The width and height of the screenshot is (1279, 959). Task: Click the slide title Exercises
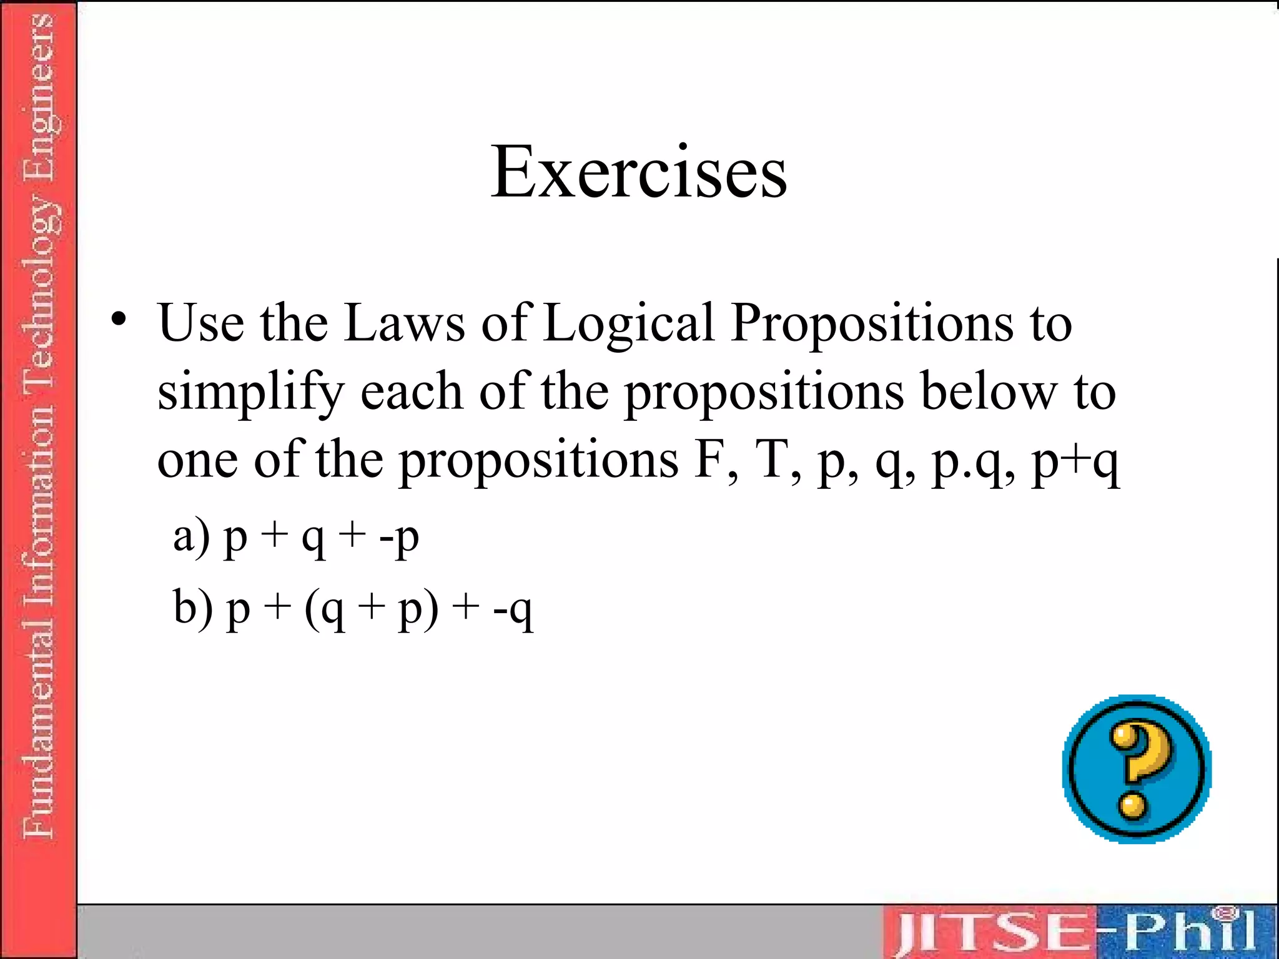[638, 172]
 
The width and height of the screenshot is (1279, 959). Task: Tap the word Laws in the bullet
[404, 323]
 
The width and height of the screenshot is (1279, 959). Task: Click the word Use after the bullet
[201, 323]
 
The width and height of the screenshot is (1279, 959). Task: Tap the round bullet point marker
[119, 320]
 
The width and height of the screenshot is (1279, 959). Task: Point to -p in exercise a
[398, 538]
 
